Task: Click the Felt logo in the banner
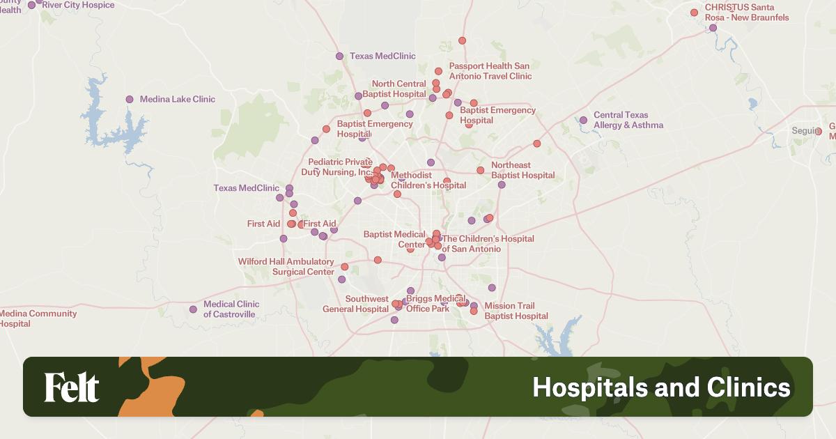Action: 72,387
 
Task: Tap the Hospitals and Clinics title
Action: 661,387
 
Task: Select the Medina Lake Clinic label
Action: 178,99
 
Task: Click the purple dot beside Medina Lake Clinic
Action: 130,99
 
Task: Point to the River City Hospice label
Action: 78,5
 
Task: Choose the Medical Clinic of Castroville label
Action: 231,309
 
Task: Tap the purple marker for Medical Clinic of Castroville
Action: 193,309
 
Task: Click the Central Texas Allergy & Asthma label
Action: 628,120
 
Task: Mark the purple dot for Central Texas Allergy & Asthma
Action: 583,120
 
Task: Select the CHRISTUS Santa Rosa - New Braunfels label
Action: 747,12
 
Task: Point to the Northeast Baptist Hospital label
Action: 523,170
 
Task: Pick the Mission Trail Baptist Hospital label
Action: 516,311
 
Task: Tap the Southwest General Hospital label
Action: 356,304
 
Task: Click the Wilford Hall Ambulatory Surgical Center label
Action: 286,267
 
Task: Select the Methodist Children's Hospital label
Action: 428,180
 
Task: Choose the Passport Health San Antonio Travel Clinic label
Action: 490,71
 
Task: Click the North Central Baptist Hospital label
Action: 398,89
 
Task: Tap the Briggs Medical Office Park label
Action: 428,304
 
